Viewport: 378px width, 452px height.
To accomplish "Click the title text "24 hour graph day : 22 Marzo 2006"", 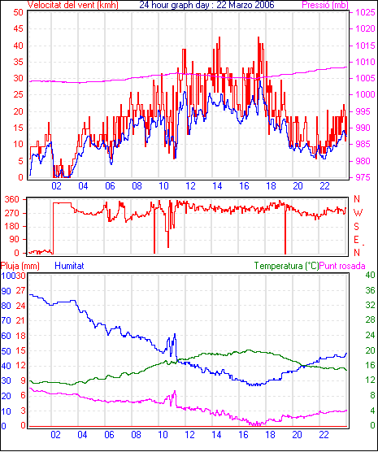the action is pos(206,5).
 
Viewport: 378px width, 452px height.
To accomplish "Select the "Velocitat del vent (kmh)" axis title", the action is pos(72,5).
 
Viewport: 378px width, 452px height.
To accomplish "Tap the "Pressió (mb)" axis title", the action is pos(325,5).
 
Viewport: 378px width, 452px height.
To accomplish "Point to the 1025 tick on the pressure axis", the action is pos(365,12).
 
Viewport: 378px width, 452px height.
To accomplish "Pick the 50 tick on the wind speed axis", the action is pos(18,12).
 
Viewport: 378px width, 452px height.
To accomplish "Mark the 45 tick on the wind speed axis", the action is pos(18,28).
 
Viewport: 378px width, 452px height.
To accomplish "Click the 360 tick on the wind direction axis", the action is pos(12,199).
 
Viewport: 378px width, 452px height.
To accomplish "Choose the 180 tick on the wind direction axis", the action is pos(12,226).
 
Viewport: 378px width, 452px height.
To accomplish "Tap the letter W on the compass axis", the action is pos(358,213).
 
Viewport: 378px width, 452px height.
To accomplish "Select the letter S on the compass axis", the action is pos(356,227).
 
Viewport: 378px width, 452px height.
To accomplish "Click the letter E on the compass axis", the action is pos(356,240).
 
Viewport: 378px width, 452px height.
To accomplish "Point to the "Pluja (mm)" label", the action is pos(20,266).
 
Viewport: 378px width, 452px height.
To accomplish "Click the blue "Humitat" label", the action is pos(69,266).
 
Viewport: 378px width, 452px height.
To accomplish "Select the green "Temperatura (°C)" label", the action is pos(287,266).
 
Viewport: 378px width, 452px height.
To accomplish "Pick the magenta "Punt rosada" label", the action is pos(342,266).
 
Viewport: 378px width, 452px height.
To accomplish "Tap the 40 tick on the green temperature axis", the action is pos(370,275).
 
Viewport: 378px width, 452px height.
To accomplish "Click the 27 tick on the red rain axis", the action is pos(20,290).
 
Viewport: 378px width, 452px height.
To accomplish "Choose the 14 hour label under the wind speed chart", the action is pos(217,186).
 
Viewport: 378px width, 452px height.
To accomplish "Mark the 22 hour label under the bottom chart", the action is pos(324,434).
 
